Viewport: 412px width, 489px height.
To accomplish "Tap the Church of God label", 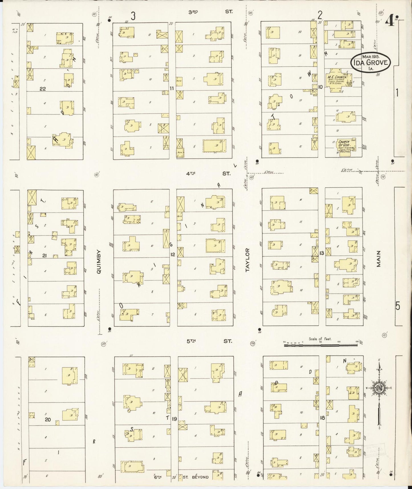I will pos(344,143).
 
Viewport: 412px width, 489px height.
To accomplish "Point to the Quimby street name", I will pos(99,262).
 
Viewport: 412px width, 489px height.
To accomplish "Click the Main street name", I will pos(378,259).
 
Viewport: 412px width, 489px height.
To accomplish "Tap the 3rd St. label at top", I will pos(210,12).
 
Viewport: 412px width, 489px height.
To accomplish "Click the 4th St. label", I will pos(210,173).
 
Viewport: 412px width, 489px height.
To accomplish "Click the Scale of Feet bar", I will pos(320,345).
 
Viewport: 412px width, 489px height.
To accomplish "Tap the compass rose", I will pos(379,388).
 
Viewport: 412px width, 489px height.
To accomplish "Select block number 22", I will pos(42,89).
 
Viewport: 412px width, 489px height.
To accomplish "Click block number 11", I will pos(172,88).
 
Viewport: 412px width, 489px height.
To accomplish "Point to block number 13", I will pos(322,253).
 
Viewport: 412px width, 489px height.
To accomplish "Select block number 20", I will pos(48,419).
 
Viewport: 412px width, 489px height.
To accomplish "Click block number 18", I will pos(322,418).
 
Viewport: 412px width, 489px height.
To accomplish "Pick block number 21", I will pos(44,256).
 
